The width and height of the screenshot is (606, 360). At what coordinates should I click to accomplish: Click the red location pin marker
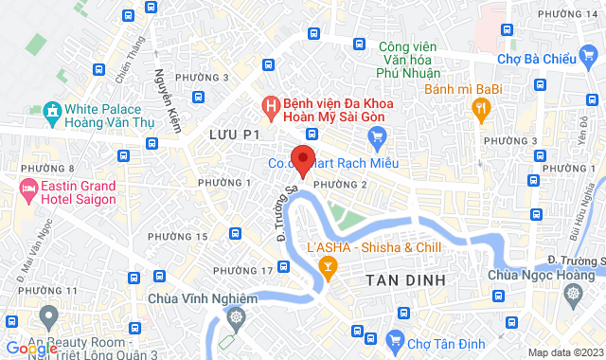pyautogui.click(x=303, y=159)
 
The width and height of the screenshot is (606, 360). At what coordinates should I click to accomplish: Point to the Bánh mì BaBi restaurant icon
pyautogui.click(x=482, y=109)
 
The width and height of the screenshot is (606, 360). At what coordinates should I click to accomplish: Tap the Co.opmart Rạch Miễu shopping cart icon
pyautogui.click(x=377, y=139)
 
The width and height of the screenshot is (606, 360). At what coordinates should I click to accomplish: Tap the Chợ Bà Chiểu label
pyautogui.click(x=537, y=60)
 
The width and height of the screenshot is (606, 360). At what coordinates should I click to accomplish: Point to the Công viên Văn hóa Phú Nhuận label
pyautogui.click(x=410, y=59)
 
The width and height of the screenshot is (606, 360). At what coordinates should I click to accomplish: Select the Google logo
pyautogui.click(x=31, y=348)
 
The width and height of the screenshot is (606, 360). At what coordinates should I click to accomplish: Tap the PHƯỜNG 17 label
pyautogui.click(x=243, y=271)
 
